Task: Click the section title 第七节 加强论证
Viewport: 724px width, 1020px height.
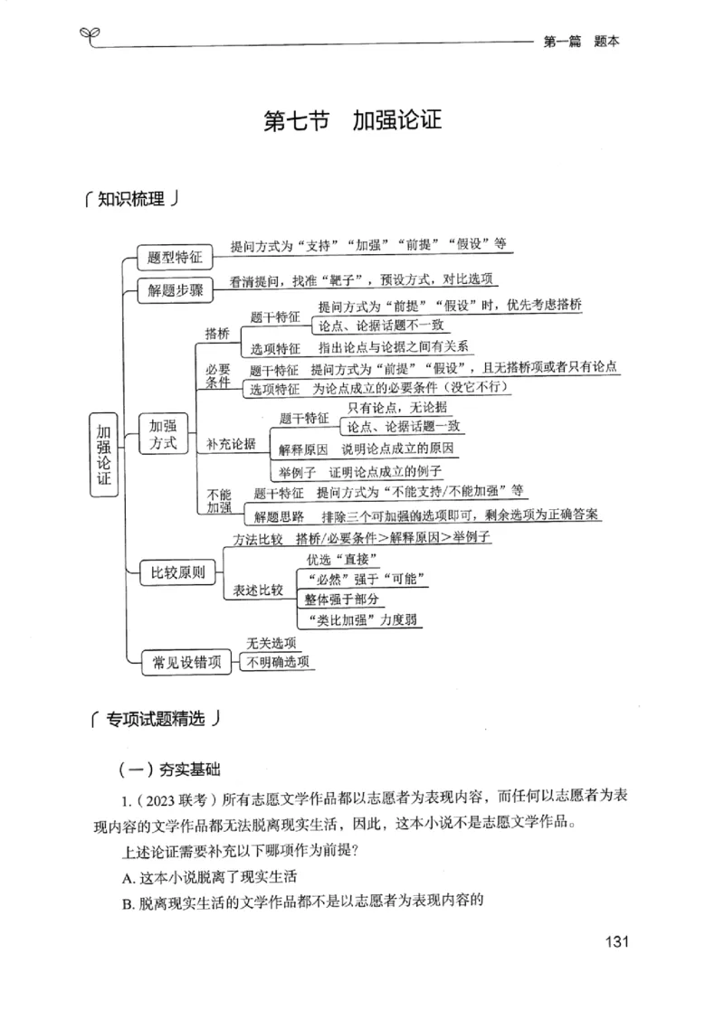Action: [x=352, y=121]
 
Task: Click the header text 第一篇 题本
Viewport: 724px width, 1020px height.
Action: [x=580, y=41]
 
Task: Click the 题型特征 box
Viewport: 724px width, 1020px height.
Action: [x=174, y=258]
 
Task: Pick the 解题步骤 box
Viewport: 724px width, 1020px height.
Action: [x=174, y=290]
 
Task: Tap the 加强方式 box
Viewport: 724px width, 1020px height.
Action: [x=163, y=433]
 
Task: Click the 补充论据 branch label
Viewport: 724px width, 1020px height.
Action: [x=231, y=443]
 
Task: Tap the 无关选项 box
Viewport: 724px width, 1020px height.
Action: [x=271, y=643]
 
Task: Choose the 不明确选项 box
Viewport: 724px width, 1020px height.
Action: [x=278, y=663]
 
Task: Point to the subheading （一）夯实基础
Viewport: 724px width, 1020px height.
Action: [x=169, y=770]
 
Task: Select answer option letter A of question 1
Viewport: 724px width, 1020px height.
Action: [x=126, y=877]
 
